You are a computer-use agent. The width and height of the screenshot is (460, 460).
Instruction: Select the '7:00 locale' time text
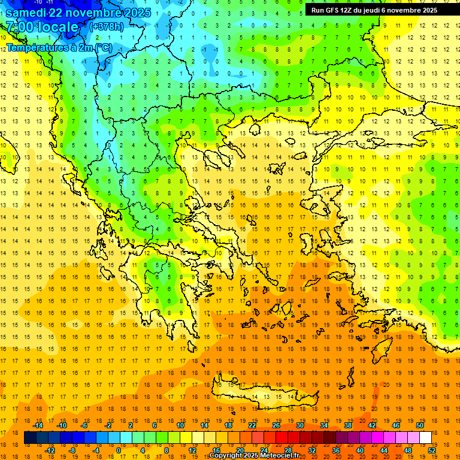coord(42,27)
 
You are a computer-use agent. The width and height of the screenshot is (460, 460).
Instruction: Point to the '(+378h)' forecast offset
coord(106,27)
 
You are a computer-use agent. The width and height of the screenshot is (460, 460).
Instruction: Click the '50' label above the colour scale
coord(419,425)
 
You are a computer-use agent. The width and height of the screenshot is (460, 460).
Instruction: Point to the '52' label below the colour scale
coord(431,450)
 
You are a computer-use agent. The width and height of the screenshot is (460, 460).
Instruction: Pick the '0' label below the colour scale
coord(119,450)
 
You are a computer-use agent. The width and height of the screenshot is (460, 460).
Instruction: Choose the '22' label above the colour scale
coord(252,425)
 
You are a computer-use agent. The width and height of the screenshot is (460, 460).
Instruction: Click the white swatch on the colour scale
coord(425,438)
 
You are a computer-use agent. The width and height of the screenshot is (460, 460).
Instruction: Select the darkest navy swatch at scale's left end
coord(30,438)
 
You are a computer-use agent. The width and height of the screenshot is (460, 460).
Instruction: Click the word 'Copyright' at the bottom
coord(228,456)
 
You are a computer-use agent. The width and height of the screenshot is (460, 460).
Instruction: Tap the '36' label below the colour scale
coord(336,450)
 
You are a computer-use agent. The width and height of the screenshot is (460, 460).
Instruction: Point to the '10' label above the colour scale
coord(180,425)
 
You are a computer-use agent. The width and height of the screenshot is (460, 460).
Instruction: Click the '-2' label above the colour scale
coord(108,425)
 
